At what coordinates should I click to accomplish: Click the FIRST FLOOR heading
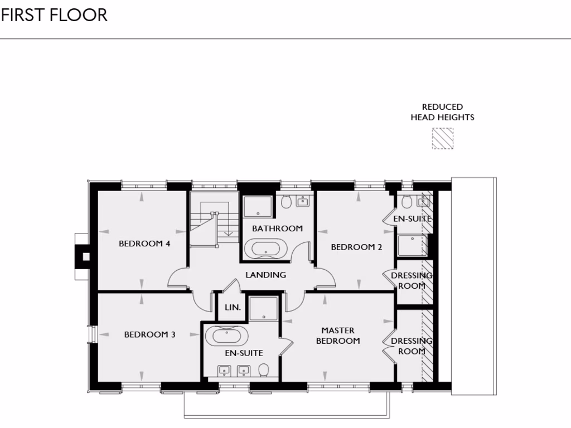click(54, 15)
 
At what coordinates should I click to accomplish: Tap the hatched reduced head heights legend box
click(443, 139)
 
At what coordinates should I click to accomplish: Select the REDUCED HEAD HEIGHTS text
click(442, 112)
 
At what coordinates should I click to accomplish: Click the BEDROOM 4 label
click(144, 244)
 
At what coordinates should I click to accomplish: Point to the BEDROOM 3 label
click(149, 334)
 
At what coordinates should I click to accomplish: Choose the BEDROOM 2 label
click(356, 247)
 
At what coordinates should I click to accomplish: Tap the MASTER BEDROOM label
click(338, 335)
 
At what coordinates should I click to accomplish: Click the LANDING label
click(266, 275)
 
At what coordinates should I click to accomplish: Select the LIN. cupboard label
click(232, 308)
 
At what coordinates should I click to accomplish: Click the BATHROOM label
click(277, 228)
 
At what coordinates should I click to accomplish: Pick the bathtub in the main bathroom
click(266, 248)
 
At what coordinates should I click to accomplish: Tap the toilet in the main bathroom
click(287, 201)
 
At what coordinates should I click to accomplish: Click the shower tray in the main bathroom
click(257, 207)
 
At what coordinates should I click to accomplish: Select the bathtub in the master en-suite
click(227, 336)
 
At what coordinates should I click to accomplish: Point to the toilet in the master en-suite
click(264, 369)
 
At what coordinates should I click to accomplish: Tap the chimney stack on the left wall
click(84, 256)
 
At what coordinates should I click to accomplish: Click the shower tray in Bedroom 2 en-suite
click(412, 245)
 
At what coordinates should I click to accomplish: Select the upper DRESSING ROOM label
click(412, 281)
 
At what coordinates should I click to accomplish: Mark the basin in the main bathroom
click(303, 201)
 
